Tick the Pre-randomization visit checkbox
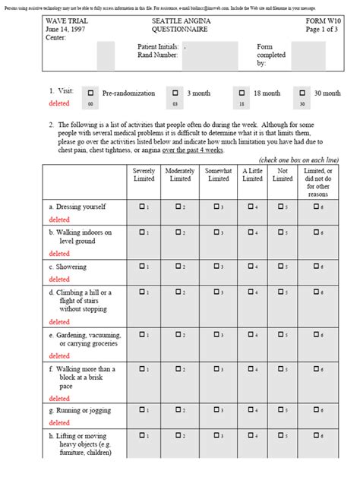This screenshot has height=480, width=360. [x=91, y=92]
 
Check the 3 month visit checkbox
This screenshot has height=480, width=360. [x=175, y=92]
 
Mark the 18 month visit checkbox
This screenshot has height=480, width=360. [x=242, y=92]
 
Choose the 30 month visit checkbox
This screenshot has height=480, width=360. [x=302, y=92]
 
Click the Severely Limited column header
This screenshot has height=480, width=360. [x=144, y=175]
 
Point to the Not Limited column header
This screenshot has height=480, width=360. [x=282, y=175]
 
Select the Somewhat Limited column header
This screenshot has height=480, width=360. [x=219, y=175]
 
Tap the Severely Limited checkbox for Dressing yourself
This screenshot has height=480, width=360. [x=141, y=206]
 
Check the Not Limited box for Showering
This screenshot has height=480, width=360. [x=280, y=267]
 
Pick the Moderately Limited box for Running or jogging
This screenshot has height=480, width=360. [x=178, y=409]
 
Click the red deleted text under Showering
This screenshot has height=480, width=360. [x=59, y=279]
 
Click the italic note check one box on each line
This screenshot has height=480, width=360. [x=298, y=159]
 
